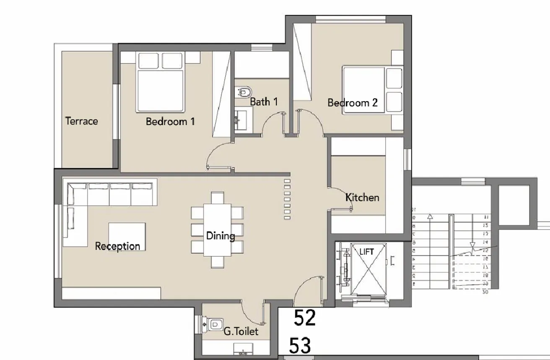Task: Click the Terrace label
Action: click(81, 121)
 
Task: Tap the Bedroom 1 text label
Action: click(170, 122)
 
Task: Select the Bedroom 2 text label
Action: click(352, 102)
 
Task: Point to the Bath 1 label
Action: click(264, 102)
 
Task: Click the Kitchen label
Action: click(362, 197)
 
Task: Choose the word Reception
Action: click(117, 246)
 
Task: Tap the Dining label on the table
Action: click(220, 236)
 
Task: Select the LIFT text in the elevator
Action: click(366, 252)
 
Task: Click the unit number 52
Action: click(304, 318)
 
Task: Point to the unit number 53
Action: click(301, 346)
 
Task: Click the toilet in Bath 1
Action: click(244, 91)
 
